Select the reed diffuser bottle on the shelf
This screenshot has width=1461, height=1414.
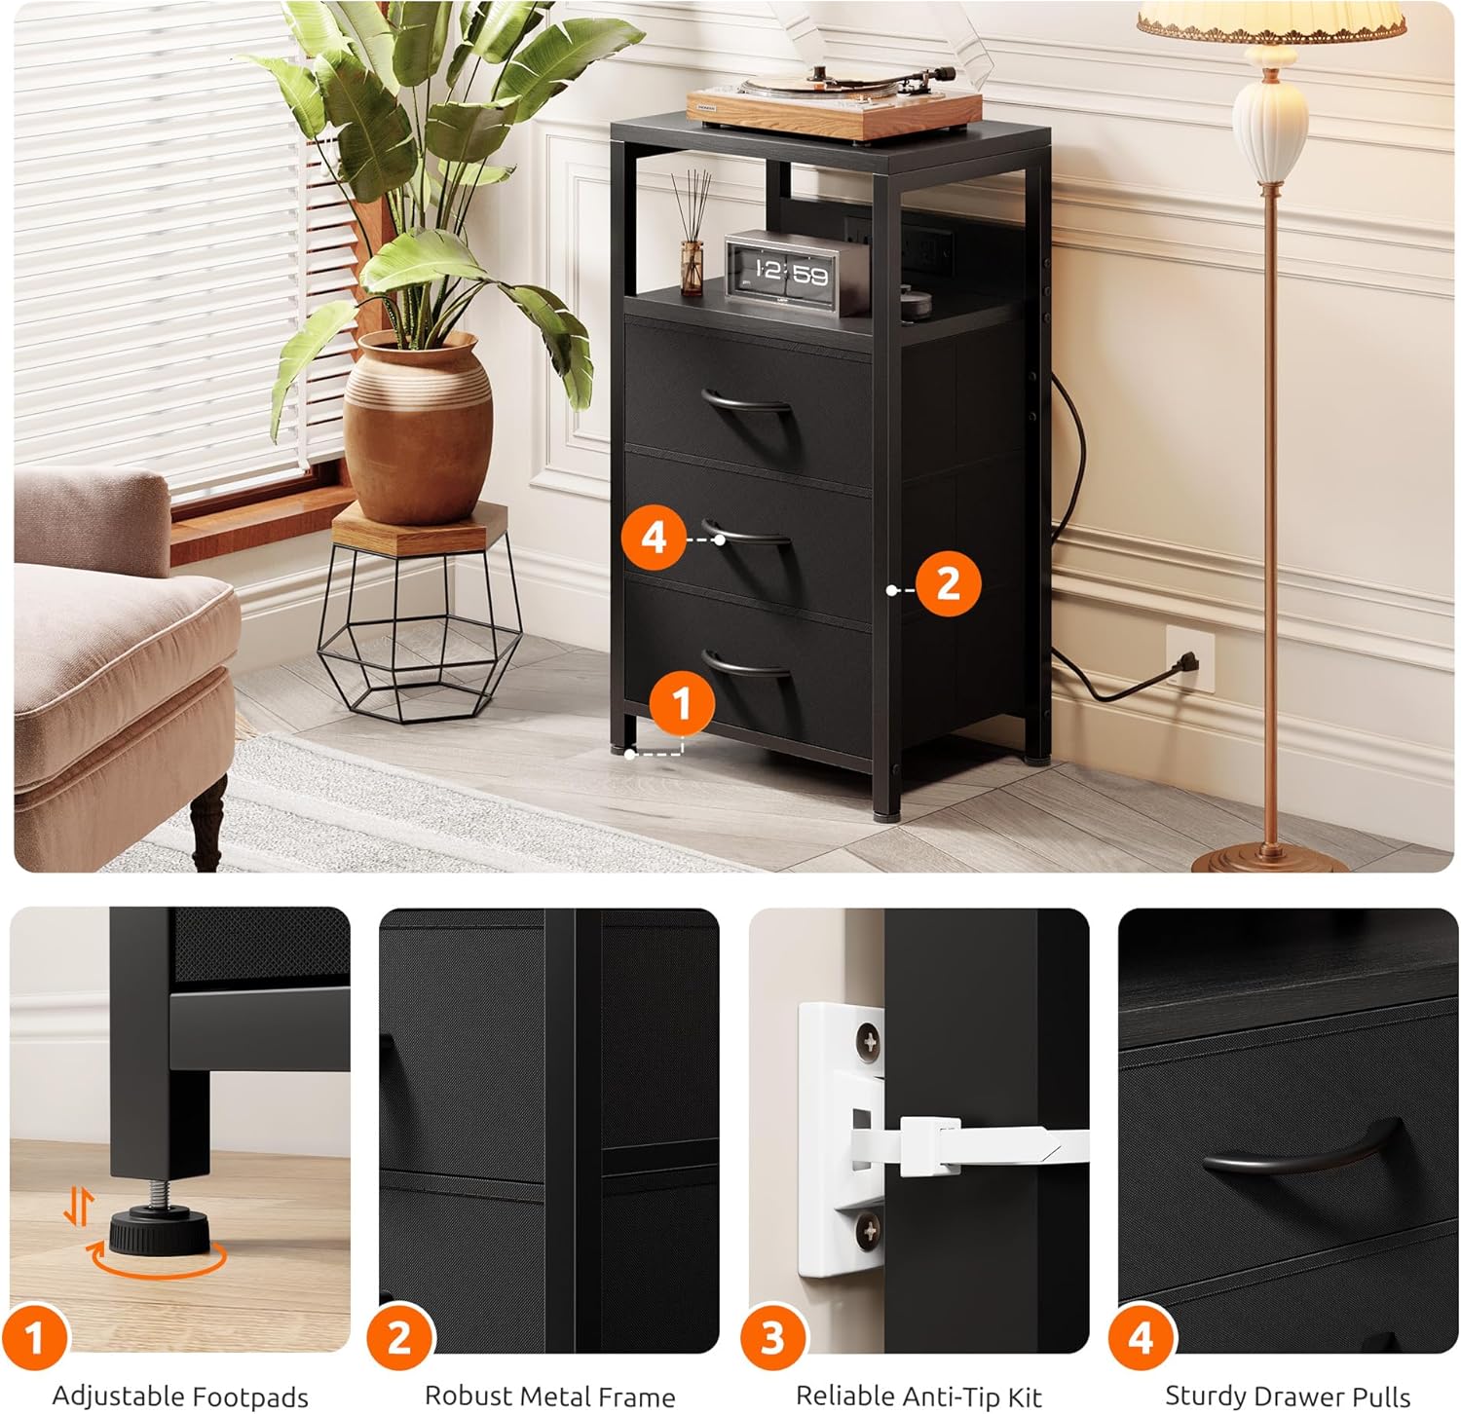(x=692, y=267)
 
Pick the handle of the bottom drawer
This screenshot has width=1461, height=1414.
(x=747, y=665)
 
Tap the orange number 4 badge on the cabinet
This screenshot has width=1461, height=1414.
(x=654, y=538)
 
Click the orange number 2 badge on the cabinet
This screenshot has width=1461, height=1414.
(x=947, y=583)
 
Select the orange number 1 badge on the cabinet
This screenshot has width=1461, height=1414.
(x=681, y=703)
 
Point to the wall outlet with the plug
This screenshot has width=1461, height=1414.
(x=1189, y=659)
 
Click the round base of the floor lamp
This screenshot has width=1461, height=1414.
(x=1270, y=861)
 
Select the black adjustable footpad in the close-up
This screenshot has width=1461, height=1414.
(x=159, y=1229)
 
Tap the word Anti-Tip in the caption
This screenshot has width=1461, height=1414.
(x=956, y=1396)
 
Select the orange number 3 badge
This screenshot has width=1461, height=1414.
(x=772, y=1338)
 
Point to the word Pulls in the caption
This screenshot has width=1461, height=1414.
(x=1377, y=1396)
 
